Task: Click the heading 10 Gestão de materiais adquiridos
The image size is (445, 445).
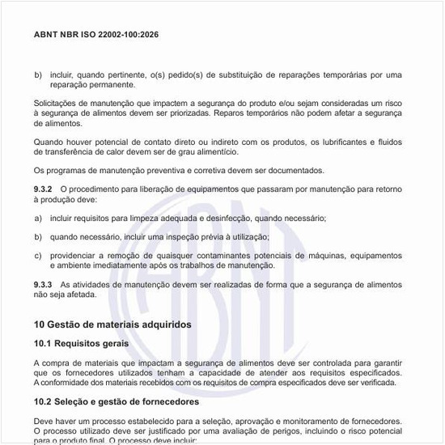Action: (x=112, y=324)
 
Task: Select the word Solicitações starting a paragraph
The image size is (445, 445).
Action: (x=60, y=104)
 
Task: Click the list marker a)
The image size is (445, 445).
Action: (x=38, y=218)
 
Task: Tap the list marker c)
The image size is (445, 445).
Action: (x=38, y=256)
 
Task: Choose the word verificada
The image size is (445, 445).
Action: (x=376, y=382)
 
